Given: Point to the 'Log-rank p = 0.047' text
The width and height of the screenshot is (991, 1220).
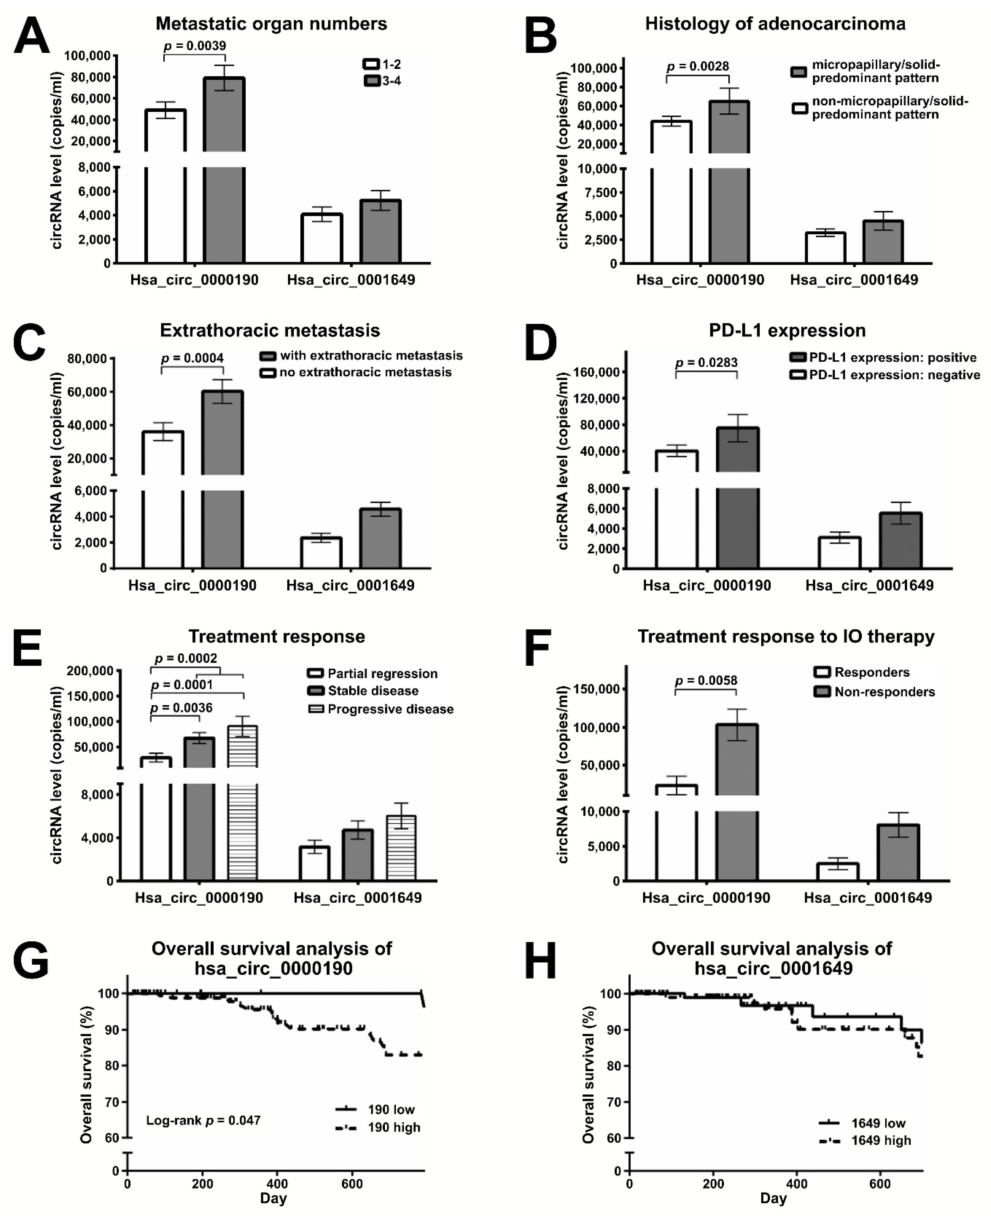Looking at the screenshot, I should (x=203, y=1120).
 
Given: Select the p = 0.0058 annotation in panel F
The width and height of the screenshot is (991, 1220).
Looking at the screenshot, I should (x=706, y=680).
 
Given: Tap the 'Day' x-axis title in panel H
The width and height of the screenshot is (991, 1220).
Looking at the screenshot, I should (x=773, y=1198).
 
